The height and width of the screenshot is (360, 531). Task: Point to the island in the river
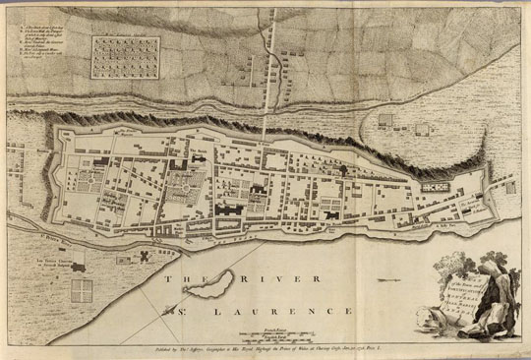208,287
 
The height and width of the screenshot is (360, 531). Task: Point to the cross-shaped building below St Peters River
147,254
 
